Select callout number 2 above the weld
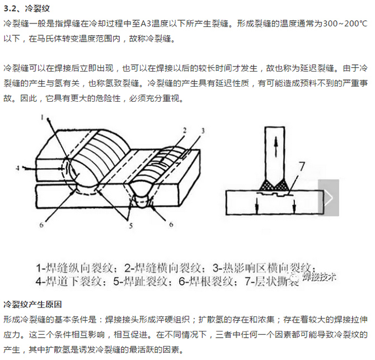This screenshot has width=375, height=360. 183,129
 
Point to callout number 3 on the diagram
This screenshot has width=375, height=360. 203,130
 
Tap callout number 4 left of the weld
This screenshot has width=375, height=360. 18,167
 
